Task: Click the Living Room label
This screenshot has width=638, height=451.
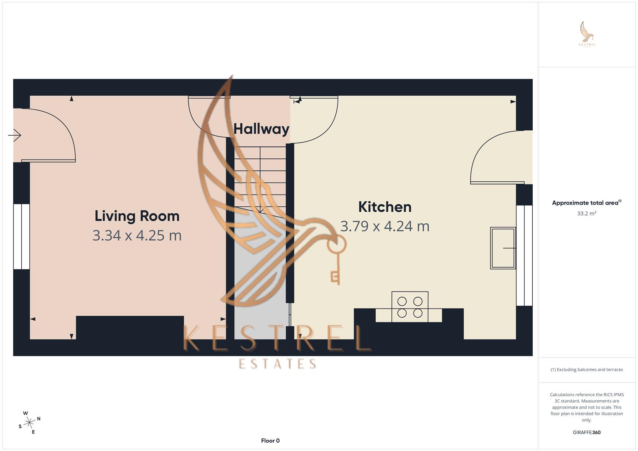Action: tap(137, 216)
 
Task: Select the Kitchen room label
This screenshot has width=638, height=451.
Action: tap(384, 207)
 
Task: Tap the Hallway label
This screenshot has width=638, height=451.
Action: tap(261, 129)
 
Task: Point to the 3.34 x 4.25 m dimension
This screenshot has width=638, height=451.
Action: tap(137, 236)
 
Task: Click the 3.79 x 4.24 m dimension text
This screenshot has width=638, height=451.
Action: tap(384, 226)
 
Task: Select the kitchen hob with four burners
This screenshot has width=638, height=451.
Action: tap(409, 307)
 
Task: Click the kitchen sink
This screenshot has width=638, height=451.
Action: tap(503, 248)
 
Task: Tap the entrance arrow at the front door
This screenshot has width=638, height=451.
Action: tap(15, 135)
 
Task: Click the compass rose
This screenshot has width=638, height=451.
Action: tap(29, 423)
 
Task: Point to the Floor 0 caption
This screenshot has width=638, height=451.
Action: tap(270, 441)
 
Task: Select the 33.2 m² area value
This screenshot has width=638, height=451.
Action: tap(586, 213)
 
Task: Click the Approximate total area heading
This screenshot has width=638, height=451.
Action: tap(586, 203)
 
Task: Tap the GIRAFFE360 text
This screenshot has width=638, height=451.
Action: tap(586, 433)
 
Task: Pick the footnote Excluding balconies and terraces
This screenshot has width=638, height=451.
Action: tap(586, 370)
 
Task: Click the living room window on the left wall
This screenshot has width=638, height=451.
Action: tap(21, 236)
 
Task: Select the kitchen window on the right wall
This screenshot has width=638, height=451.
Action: tap(524, 255)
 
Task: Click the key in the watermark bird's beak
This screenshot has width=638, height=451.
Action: tap(336, 259)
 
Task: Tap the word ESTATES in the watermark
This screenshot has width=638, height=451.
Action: tap(277, 364)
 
